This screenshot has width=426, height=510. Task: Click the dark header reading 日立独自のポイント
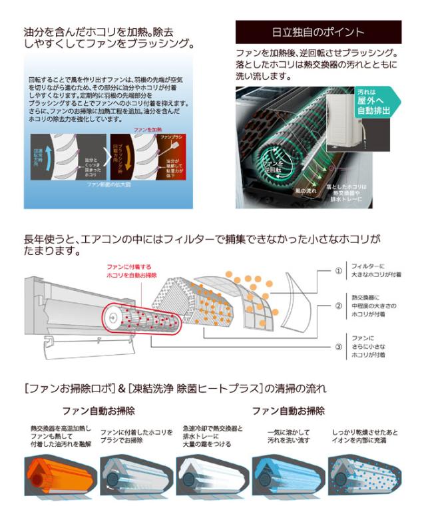point(319,32)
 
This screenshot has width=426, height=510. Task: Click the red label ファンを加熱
point(148,128)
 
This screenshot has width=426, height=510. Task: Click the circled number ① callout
point(339,271)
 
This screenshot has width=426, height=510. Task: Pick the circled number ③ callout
point(339,346)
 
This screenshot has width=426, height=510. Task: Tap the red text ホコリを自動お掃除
point(130,274)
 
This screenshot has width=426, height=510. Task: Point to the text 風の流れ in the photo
point(306,191)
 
